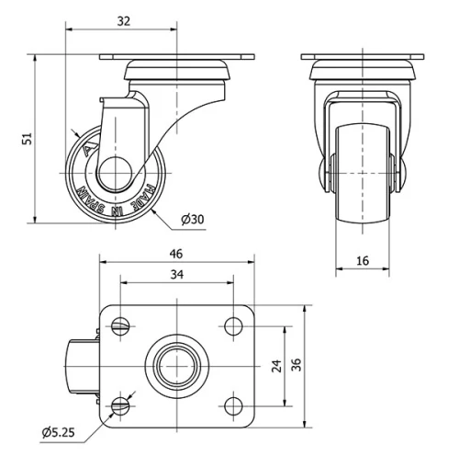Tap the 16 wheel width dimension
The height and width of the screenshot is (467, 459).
point(363,261)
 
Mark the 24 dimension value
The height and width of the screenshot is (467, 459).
point(276,365)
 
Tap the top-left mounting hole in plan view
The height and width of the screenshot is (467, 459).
point(121,325)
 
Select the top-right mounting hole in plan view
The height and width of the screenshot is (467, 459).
point(228,325)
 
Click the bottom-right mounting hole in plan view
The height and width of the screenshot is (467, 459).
point(228,405)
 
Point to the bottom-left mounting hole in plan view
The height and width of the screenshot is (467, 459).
point(121,405)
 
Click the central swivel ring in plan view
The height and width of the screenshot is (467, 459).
point(174,365)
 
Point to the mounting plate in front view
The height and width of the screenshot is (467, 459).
point(363,59)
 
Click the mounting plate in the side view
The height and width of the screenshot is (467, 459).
point(174,59)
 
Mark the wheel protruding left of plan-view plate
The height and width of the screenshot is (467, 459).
point(80,365)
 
